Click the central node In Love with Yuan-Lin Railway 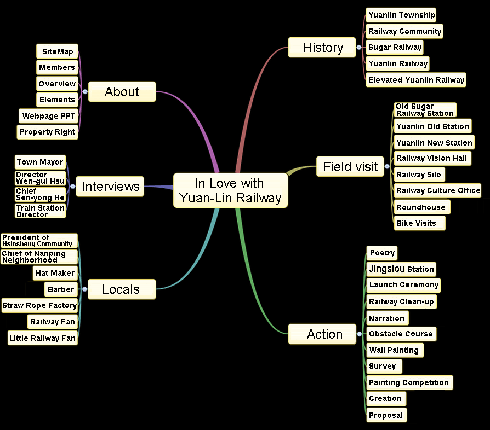(x=230, y=190)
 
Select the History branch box (x=322, y=48)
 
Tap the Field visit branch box (x=350, y=167)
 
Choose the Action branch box (x=324, y=334)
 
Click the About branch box (x=122, y=92)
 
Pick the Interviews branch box (x=110, y=187)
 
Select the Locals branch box (x=121, y=289)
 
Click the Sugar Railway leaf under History (x=395, y=47)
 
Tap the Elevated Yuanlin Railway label (x=416, y=80)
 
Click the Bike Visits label (x=419, y=223)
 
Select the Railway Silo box (x=418, y=175)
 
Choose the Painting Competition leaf (x=409, y=382)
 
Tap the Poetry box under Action (x=381, y=253)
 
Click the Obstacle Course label (x=401, y=334)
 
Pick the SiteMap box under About (x=57, y=51)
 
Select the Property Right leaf (x=47, y=132)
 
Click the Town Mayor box (x=40, y=162)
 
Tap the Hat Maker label (x=55, y=273)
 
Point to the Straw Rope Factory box (x=39, y=305)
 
